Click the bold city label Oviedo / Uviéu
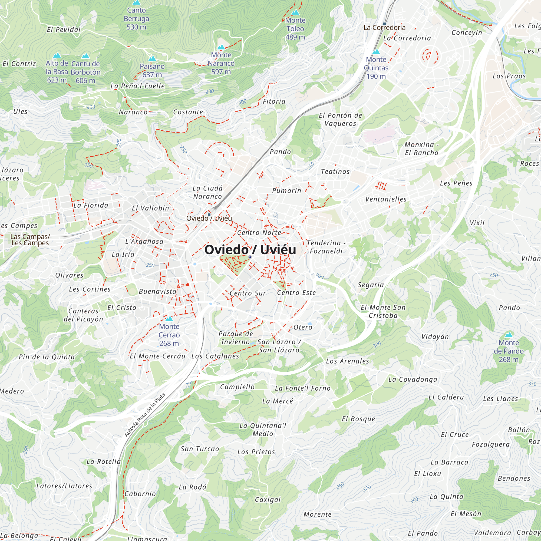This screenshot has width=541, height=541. (x=250, y=249)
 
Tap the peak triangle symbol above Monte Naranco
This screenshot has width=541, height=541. (x=221, y=47)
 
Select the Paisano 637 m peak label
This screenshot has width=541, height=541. (x=152, y=70)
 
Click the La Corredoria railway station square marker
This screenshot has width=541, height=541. (x=384, y=24)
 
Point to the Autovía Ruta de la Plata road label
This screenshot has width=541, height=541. (x=145, y=415)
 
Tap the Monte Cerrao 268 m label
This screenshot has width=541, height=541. (x=169, y=335)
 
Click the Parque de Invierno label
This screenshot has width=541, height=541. (x=236, y=338)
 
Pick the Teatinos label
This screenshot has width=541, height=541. (x=335, y=171)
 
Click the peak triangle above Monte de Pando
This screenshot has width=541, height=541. (x=509, y=335)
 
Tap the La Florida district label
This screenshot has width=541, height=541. (x=91, y=205)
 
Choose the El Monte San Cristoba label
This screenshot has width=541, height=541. (x=383, y=311)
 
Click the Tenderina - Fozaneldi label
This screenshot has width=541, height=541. (x=326, y=247)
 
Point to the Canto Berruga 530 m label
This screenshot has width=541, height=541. (x=136, y=18)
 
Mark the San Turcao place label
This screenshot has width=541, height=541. (x=200, y=448)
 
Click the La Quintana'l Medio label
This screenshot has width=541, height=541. (x=263, y=430)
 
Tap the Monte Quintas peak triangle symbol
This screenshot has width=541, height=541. (x=376, y=52)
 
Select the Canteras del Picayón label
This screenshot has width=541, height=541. (x=83, y=315)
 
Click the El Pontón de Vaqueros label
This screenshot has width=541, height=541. (x=341, y=119)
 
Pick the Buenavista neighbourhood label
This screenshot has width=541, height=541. (x=157, y=291)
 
